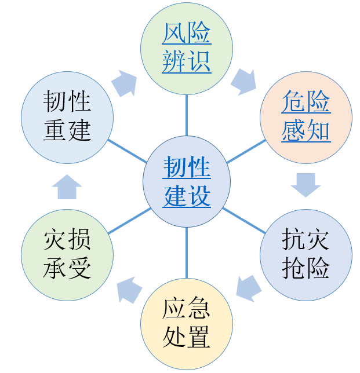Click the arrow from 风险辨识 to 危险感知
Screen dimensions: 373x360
(x=243, y=82)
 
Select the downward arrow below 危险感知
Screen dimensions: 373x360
(x=306, y=185)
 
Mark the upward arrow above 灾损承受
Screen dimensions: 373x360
(x=67, y=186)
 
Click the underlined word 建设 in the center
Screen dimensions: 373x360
(x=187, y=197)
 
